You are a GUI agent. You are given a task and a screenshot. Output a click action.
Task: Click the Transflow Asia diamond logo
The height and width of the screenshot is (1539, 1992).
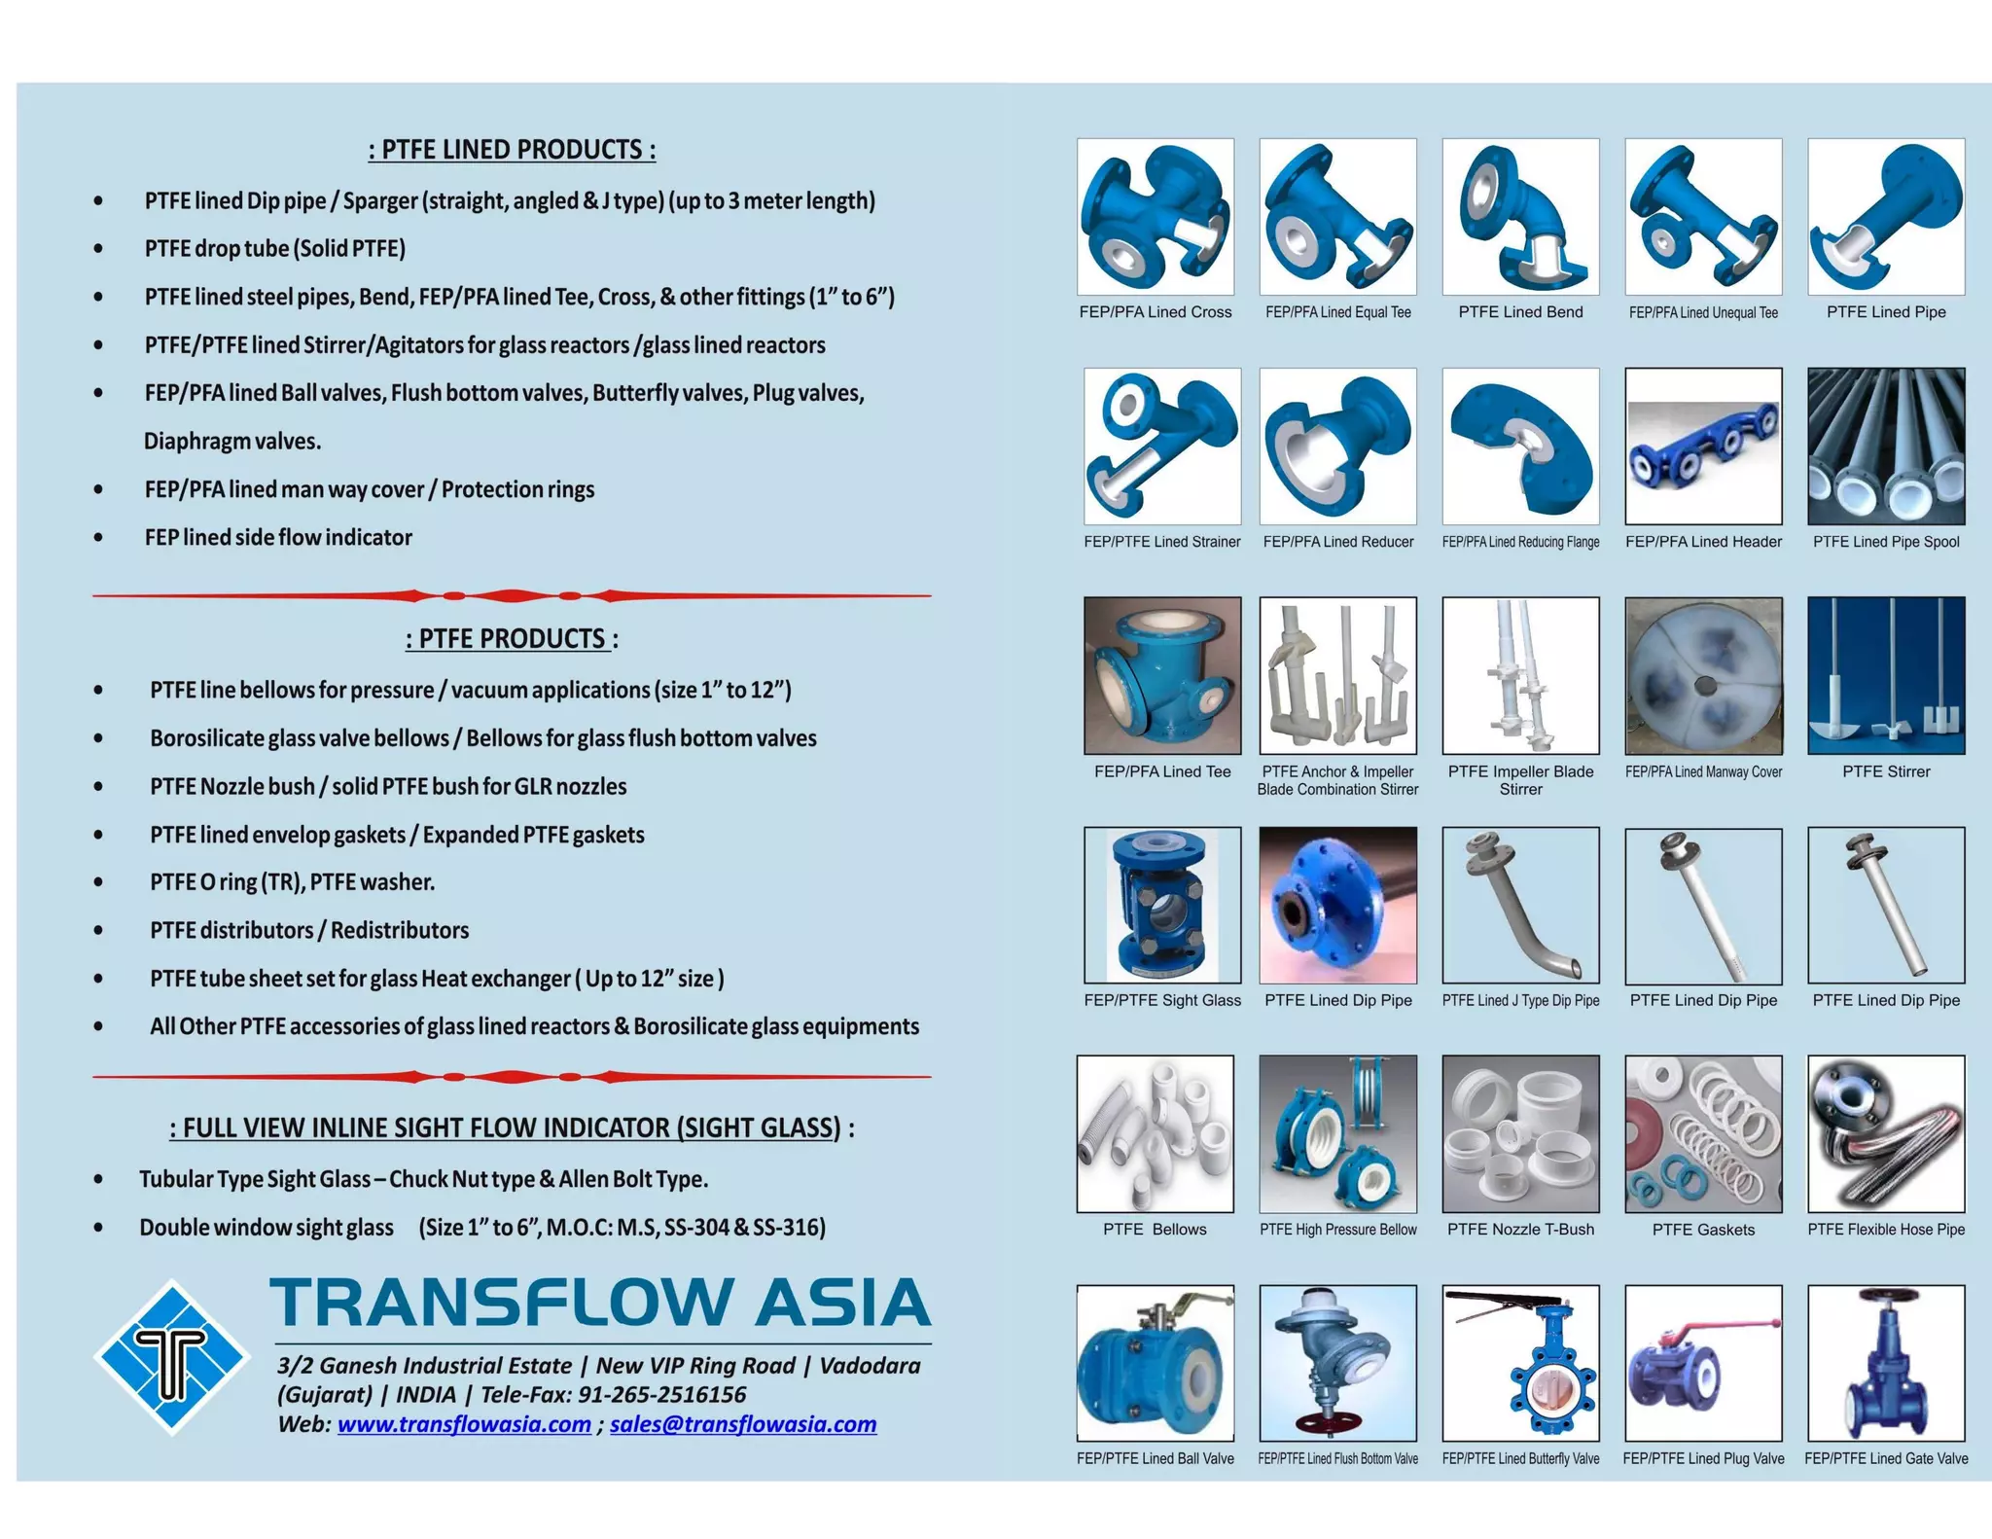(171, 1357)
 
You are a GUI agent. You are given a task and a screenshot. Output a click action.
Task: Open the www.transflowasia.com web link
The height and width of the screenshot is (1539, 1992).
(464, 1424)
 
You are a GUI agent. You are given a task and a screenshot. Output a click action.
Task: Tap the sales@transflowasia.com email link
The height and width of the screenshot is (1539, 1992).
(743, 1424)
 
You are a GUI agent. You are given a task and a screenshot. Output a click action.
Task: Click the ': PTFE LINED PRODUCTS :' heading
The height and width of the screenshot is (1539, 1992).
(512, 150)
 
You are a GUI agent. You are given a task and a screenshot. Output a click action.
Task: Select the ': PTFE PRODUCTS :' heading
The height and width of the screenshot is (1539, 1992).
(512, 639)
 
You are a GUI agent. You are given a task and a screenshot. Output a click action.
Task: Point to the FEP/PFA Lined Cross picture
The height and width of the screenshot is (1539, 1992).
(1156, 216)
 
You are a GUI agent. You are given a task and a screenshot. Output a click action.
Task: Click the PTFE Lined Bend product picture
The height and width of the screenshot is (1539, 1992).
(1520, 216)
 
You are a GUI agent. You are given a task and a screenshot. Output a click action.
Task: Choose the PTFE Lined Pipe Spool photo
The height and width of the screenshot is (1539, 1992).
(1886, 447)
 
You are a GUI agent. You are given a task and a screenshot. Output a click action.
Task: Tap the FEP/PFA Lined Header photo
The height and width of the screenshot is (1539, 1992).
(1703, 447)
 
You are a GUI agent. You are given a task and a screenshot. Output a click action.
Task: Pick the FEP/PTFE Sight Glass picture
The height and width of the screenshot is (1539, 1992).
(1162, 905)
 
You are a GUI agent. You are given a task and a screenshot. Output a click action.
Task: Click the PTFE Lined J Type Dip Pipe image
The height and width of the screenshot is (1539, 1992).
(1520, 905)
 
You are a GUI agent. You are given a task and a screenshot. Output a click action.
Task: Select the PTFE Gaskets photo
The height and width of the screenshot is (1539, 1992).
(1703, 1134)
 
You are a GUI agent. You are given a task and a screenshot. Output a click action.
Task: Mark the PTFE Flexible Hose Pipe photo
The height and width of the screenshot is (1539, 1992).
(1886, 1134)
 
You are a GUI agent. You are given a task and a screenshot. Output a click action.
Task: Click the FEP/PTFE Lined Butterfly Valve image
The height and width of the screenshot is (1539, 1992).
(1520, 1363)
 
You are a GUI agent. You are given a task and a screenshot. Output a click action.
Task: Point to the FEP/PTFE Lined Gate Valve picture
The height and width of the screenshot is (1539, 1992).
(1886, 1363)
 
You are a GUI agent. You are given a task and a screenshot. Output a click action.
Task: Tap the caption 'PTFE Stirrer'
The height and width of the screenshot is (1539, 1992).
(1886, 771)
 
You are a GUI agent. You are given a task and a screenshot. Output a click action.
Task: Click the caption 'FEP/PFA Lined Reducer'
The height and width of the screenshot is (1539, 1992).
(1338, 542)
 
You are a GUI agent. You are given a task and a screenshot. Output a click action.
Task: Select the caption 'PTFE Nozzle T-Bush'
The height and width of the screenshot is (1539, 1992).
(1520, 1230)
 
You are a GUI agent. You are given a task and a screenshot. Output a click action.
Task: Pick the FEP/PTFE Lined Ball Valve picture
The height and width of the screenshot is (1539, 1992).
(1156, 1363)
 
